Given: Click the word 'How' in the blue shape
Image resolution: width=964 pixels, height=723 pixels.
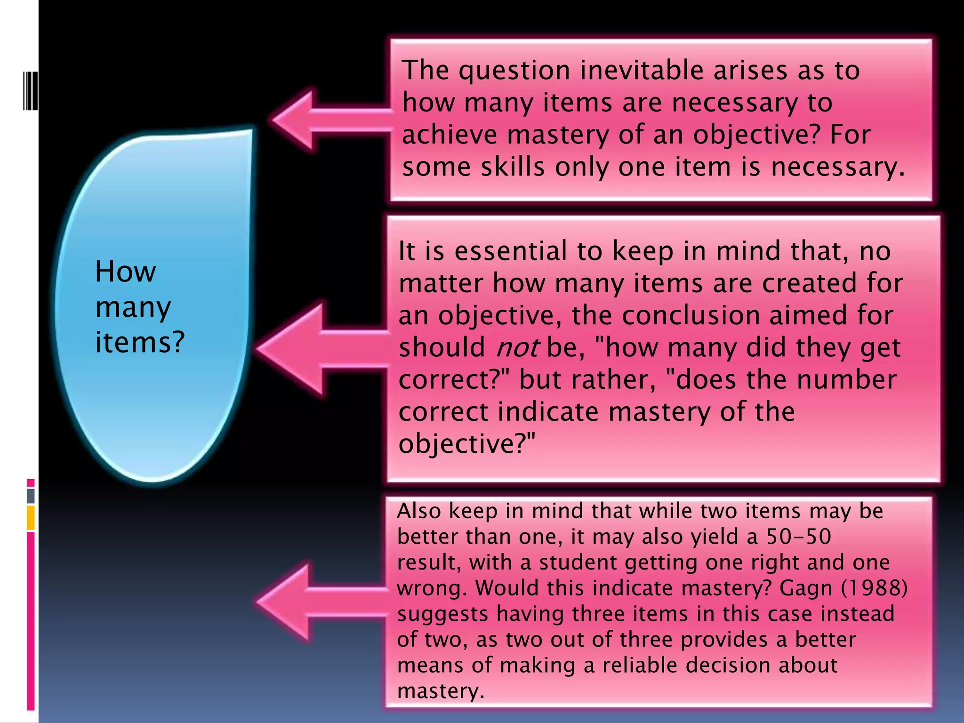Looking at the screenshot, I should tap(125, 272).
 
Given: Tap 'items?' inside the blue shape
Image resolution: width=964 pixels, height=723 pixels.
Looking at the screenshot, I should tap(140, 342).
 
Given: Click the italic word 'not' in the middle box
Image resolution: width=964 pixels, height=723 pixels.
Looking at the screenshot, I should tap(517, 348).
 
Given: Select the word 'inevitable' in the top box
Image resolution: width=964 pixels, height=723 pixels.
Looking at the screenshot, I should tap(642, 71).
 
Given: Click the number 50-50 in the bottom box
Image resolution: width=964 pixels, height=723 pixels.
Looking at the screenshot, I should tap(799, 537).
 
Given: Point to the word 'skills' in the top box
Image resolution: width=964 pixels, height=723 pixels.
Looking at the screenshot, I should tap(512, 167).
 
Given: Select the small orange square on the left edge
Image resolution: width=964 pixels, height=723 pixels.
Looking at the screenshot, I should tap(31, 518).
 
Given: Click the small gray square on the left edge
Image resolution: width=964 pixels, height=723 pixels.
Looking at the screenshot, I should tap(31, 496).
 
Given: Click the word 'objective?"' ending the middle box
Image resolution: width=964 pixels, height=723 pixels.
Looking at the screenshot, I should tap(467, 444).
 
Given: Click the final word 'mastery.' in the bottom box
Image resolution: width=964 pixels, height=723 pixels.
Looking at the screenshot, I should tap(441, 691).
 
